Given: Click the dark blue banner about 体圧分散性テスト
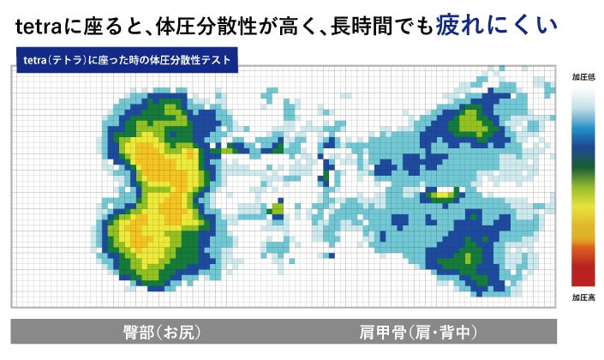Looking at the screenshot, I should point(127,62).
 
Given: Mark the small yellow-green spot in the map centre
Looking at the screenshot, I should point(277,208).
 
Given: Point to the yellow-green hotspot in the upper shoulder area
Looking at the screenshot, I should point(470,123).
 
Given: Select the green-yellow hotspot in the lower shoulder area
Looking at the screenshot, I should point(469,254).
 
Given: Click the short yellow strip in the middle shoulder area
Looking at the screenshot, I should point(441,194).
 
